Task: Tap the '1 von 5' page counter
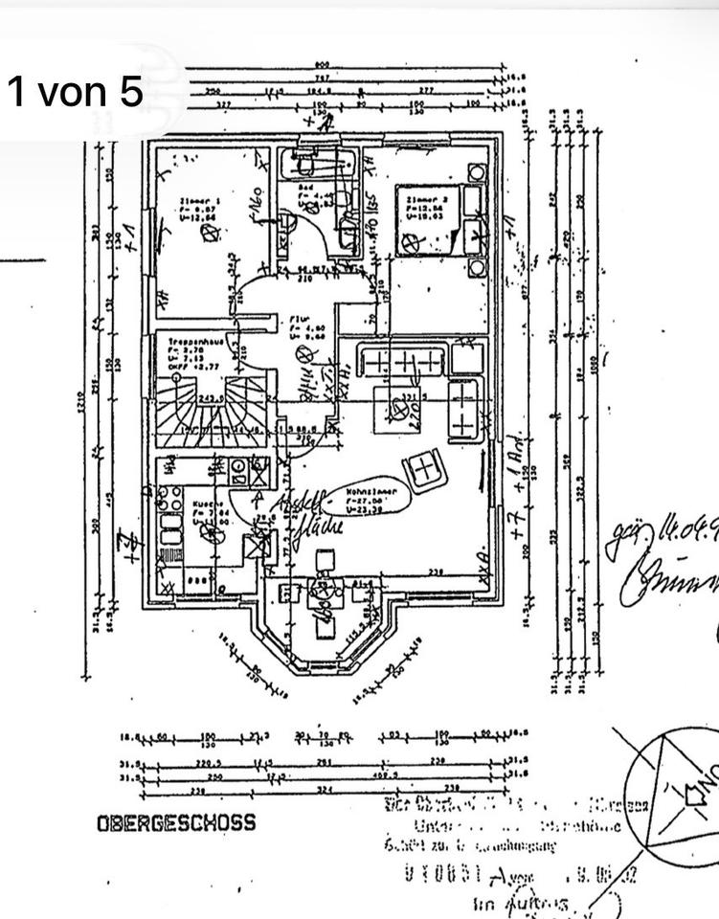pyautogui.click(x=75, y=92)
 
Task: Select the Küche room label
pyautogui.click(x=206, y=511)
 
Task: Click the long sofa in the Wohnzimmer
pyautogui.click(x=400, y=362)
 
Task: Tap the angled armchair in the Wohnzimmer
pyautogui.click(x=422, y=469)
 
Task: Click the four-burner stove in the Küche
pyautogui.click(x=170, y=498)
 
